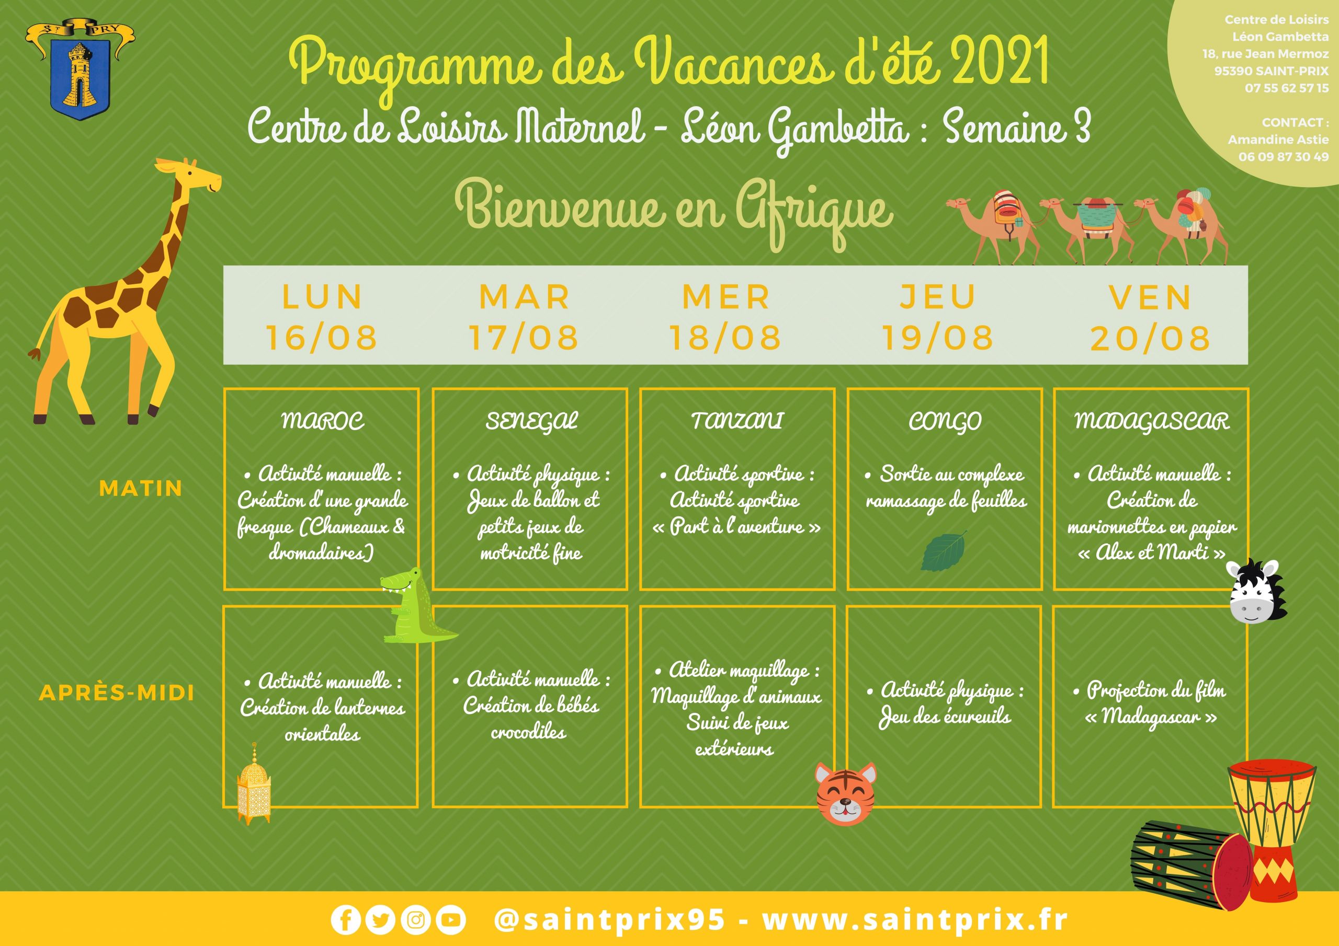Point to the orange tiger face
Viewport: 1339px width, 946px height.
845,794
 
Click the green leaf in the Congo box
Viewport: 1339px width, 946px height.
943,551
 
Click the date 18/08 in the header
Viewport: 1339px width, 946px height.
725,338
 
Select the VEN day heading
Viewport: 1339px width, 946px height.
1150,298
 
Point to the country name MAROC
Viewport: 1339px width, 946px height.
323,420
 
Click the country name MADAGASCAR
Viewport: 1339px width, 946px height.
1152,421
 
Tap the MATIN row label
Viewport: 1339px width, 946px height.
141,488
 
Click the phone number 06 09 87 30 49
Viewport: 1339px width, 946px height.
1284,156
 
